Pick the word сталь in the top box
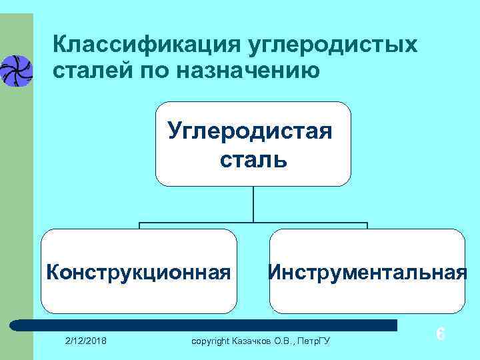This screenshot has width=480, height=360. (253, 159)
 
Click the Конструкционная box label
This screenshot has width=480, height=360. (139, 272)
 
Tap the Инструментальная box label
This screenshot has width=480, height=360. (367, 272)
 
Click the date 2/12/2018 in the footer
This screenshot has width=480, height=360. (89, 341)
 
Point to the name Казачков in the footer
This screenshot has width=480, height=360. (255, 342)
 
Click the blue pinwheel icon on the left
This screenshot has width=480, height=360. (15, 70)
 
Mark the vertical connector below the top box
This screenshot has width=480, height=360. (253, 203)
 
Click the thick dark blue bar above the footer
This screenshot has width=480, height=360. (207, 325)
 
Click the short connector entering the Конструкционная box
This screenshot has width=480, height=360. (139, 225)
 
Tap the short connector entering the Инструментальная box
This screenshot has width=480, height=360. (367, 225)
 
